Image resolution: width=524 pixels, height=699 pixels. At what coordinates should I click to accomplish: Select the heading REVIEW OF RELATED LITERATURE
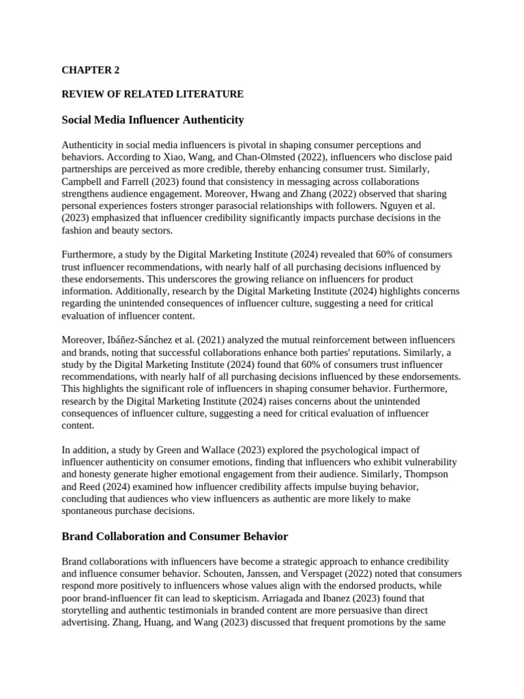pyautogui.click(x=152, y=94)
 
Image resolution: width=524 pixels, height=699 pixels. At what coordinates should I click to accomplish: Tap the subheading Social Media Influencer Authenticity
pyautogui.click(x=152, y=120)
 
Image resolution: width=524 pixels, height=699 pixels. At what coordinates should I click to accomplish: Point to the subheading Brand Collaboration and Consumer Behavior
pyautogui.click(x=175, y=537)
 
